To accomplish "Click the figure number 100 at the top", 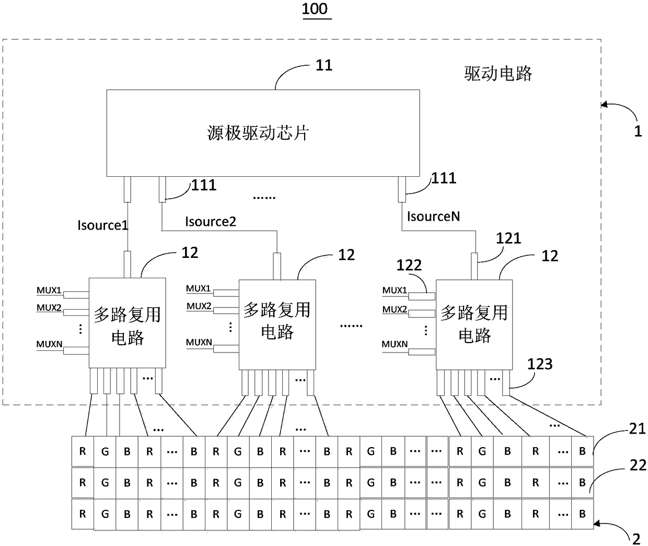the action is [315, 9].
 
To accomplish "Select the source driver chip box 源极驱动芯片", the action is [263, 133].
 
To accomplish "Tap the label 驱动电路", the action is [498, 74].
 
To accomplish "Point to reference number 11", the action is [324, 65].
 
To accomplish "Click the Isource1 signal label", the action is [103, 225].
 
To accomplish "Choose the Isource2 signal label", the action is [211, 221].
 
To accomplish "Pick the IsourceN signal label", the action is [433, 216].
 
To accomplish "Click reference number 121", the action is [508, 238].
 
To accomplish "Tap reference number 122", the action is [409, 265].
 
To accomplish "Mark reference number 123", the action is [540, 364].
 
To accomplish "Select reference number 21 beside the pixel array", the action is [638, 429].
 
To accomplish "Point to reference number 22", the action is [638, 465].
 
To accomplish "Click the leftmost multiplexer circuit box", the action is [127, 323].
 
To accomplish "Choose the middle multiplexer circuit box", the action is [277, 325].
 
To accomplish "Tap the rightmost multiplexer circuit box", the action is [474, 325].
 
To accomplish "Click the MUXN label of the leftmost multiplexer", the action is [49, 344].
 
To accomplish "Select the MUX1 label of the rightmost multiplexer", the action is [395, 290].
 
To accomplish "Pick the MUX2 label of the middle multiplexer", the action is [199, 306].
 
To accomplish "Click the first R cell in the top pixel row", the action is [83, 451].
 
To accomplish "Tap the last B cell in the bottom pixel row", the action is [583, 514].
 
